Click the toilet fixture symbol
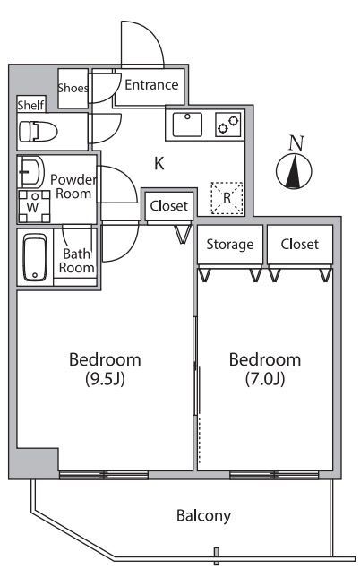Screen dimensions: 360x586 coord(39,132)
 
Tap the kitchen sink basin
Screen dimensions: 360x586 coord(187,124)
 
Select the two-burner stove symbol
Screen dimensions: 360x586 coord(227,124)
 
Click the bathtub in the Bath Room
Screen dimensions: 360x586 coord(35,257)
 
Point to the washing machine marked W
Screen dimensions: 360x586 coord(34,206)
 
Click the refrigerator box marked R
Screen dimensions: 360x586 coord(227,198)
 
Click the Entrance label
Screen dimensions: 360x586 coord(151,85)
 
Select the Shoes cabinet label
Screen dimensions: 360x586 coord(73,88)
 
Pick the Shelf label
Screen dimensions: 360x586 coord(31,105)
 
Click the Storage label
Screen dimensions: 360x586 coord(230,245)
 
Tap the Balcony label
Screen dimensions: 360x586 coord(203,516)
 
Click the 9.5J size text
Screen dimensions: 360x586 coord(106,379)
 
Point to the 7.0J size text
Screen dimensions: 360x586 coord(265,379)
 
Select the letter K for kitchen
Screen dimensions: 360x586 coord(159,163)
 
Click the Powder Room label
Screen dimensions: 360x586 coord(73,186)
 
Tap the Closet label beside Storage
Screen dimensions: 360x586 coord(299,244)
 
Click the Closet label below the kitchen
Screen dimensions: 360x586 coord(168,205)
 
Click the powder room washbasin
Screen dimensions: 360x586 coord(31,172)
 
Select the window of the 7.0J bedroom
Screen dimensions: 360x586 coord(274,476)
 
